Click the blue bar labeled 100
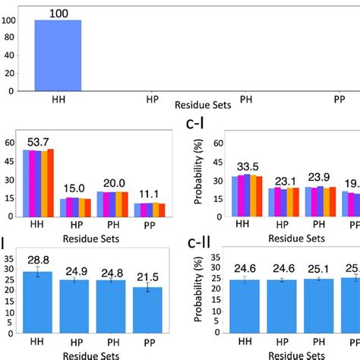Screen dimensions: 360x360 (x=58, y=55)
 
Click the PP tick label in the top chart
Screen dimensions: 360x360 (x=339, y=99)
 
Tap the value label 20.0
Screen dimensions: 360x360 (x=110, y=183)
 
